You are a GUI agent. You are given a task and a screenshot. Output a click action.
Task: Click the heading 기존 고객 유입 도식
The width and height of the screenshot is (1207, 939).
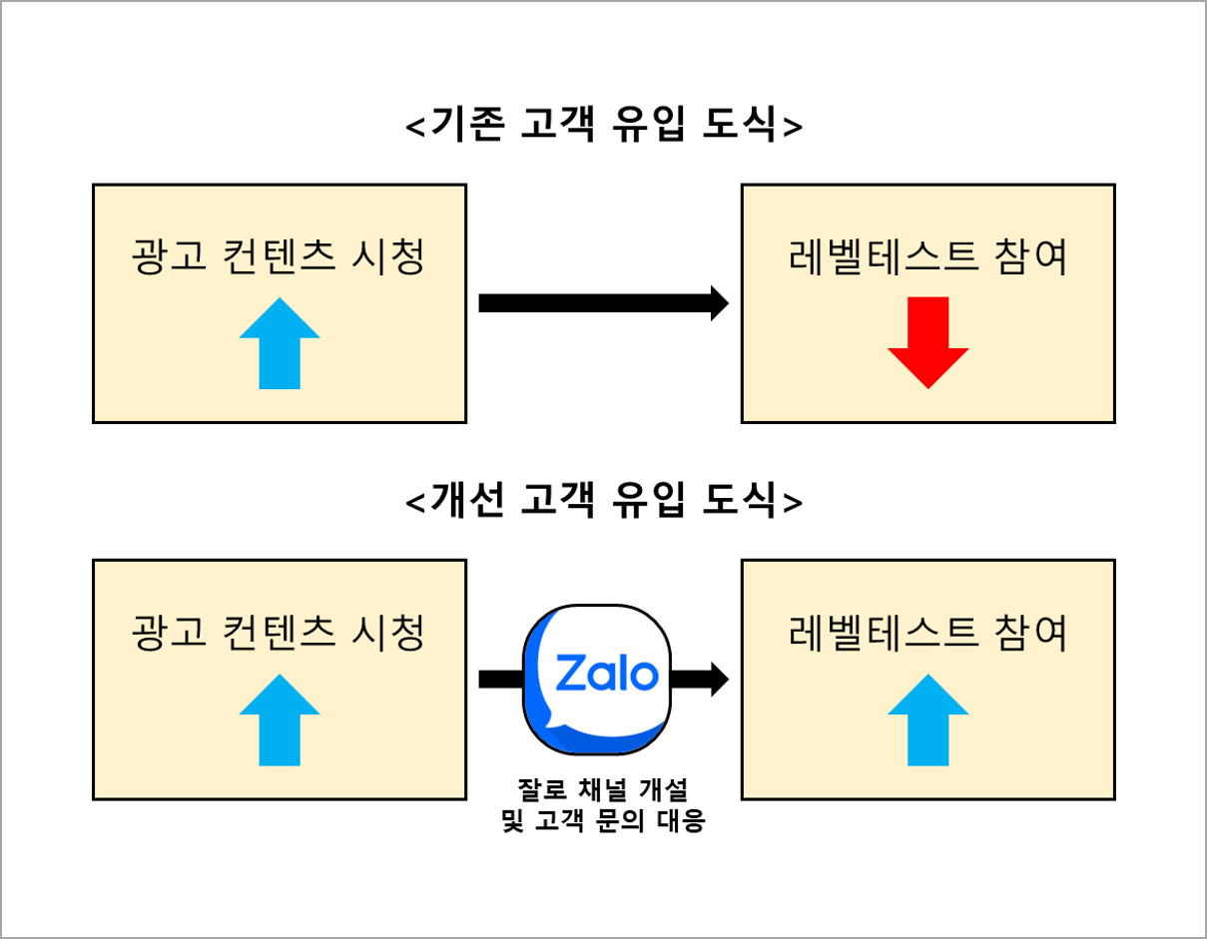(604, 127)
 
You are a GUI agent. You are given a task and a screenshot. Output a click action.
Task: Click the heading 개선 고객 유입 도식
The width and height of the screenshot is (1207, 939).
(604, 501)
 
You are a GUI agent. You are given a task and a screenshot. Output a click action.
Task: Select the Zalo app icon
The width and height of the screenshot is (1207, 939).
(597, 680)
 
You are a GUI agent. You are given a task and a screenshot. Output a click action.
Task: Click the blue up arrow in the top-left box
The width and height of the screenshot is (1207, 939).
(280, 342)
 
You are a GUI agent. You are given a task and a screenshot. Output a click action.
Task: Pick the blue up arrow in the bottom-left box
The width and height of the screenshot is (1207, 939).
(280, 719)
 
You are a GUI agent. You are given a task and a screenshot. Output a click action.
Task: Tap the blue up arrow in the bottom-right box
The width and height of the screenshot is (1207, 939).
(928, 719)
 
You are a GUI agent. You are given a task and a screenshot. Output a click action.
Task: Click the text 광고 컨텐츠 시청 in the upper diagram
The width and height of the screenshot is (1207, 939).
(280, 258)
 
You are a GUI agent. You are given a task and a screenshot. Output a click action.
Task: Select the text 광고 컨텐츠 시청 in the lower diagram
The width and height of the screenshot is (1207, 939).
(280, 633)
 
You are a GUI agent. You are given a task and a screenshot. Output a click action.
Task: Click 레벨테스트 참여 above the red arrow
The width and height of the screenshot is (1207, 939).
(928, 258)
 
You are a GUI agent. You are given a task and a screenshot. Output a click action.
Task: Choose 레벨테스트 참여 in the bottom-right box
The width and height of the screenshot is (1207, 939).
(928, 633)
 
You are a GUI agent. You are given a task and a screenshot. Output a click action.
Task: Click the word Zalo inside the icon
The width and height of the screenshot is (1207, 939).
(598, 674)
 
